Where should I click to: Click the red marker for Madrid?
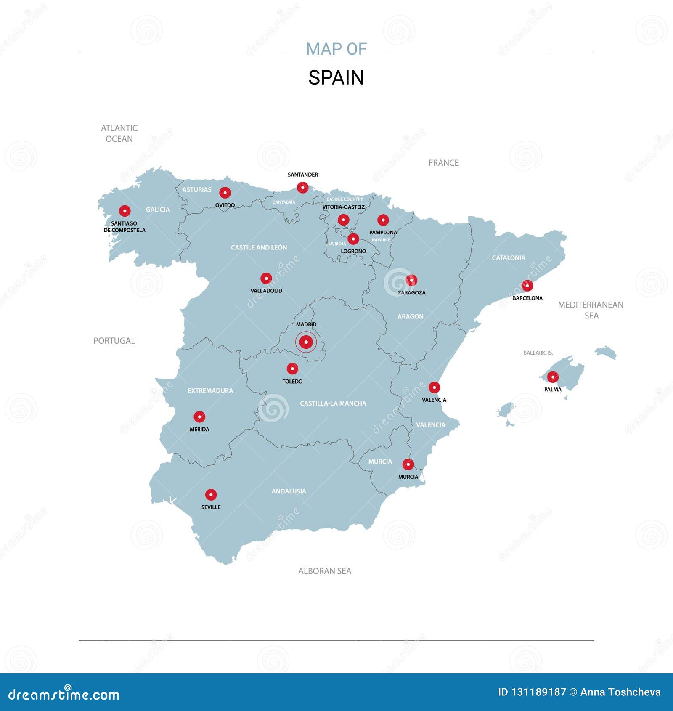point(306,342)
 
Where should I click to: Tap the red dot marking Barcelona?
point(527,286)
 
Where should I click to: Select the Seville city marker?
point(211,495)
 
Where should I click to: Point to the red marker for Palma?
point(553,377)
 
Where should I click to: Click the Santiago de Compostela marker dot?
point(125,211)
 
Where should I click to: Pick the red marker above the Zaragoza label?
point(411,280)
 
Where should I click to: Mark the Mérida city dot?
point(199,417)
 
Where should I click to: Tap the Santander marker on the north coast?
point(302,187)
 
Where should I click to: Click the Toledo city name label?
point(292,382)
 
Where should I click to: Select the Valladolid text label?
point(266,291)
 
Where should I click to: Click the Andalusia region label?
point(289,491)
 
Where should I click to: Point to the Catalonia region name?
point(509,258)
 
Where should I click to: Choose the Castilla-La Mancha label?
point(333,403)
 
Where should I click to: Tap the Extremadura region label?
point(210,391)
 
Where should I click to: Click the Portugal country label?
point(114,341)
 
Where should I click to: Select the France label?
point(443,163)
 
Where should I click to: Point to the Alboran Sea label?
point(324,571)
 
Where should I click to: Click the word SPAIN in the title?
point(336,78)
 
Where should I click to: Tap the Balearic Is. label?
point(538,353)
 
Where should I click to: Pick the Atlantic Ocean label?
point(119,133)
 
